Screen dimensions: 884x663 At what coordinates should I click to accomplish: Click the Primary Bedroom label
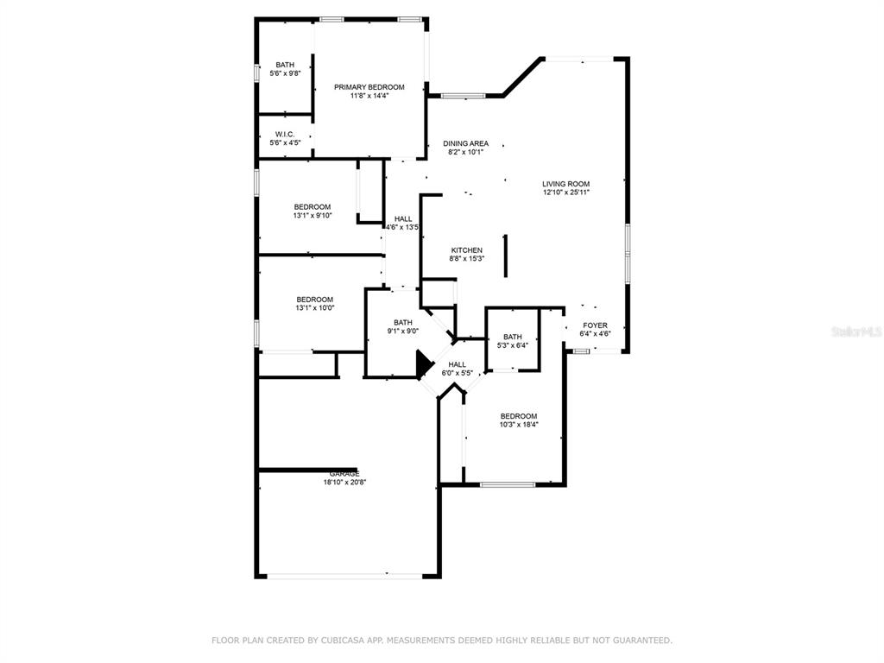click(x=369, y=87)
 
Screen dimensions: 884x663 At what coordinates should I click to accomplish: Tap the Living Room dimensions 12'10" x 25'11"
click(x=566, y=193)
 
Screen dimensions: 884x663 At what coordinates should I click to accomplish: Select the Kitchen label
click(x=467, y=250)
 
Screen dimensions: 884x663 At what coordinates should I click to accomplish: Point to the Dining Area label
click(x=465, y=144)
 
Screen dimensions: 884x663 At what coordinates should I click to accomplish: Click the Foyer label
click(x=596, y=325)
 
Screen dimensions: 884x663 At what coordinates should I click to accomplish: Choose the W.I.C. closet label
click(x=285, y=134)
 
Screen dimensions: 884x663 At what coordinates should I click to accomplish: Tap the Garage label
click(x=344, y=474)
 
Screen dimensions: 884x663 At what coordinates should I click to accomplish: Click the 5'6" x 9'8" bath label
click(x=285, y=69)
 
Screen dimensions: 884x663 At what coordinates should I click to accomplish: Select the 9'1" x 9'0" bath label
click(x=403, y=326)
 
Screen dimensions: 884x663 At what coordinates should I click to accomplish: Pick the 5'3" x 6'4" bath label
click(x=513, y=341)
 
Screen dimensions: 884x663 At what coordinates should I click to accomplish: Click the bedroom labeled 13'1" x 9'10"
click(x=313, y=211)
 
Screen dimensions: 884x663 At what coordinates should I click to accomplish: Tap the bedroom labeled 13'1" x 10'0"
click(x=314, y=303)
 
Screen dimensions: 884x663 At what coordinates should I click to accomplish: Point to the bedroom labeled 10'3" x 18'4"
click(x=519, y=420)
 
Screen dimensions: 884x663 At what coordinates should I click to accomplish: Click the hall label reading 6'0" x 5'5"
click(x=458, y=369)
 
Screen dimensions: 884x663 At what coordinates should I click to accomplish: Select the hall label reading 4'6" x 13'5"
click(x=402, y=223)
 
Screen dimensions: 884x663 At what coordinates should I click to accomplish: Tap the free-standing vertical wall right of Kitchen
click(x=506, y=256)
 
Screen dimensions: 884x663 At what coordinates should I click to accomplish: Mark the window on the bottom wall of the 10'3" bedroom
click(x=508, y=484)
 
